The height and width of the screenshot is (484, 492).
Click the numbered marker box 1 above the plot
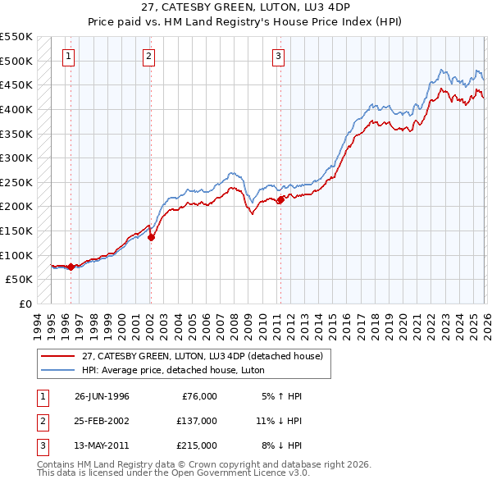[67, 57]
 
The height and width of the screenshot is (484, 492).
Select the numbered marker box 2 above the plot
[148, 57]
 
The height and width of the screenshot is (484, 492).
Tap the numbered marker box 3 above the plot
[278, 57]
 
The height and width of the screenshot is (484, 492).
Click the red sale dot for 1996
[71, 267]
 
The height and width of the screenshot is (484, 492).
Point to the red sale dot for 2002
[151, 237]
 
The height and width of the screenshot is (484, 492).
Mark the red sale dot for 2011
[280, 199]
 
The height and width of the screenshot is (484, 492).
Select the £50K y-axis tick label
[19, 280]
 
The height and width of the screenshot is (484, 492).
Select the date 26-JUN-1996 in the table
[102, 396]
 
